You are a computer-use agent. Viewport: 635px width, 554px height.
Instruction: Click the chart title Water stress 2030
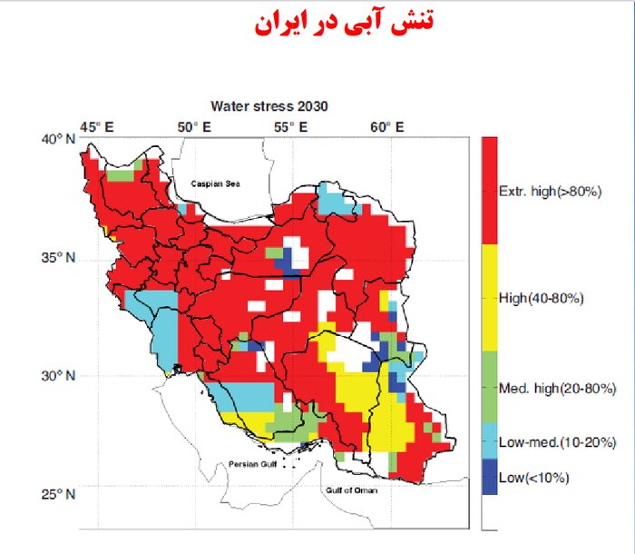click(x=269, y=106)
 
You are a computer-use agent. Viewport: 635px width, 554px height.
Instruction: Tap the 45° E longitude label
click(x=97, y=126)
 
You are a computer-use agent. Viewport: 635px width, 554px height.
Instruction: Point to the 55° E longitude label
click(x=291, y=126)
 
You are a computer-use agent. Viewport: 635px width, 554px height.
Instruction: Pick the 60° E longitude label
click(x=387, y=126)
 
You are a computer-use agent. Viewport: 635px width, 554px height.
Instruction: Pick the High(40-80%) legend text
click(x=541, y=298)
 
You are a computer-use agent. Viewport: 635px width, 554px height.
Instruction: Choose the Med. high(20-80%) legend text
click(x=557, y=389)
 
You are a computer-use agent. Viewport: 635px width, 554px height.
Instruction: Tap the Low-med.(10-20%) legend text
click(x=558, y=442)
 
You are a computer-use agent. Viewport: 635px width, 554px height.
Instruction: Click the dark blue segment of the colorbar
click(x=489, y=477)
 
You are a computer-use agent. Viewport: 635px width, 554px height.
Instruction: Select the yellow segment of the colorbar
click(x=489, y=298)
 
